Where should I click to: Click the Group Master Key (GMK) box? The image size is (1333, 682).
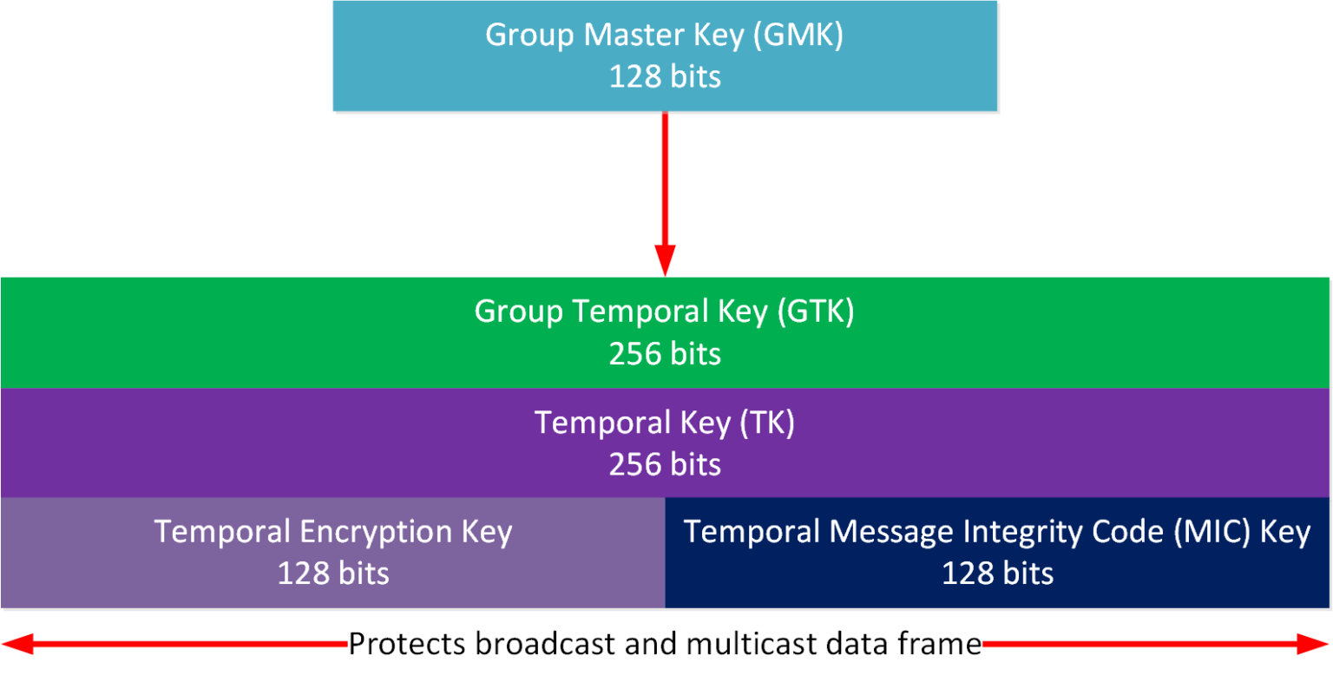click(x=665, y=56)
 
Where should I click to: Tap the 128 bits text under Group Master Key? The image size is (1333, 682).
click(x=665, y=77)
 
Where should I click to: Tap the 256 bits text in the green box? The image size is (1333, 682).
click(x=665, y=354)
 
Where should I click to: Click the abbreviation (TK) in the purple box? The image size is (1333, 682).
click(x=766, y=423)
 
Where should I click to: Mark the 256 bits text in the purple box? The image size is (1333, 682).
click(x=665, y=465)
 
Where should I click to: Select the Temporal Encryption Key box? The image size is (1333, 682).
click(x=332, y=553)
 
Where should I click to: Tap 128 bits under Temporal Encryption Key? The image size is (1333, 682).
click(x=333, y=574)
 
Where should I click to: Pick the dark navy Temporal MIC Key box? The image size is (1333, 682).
click(x=997, y=553)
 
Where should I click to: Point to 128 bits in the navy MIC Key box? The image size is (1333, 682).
click(x=997, y=574)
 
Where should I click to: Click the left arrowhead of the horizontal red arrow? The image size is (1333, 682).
click(x=16, y=644)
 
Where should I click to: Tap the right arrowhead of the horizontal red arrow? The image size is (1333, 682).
click(x=1316, y=644)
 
